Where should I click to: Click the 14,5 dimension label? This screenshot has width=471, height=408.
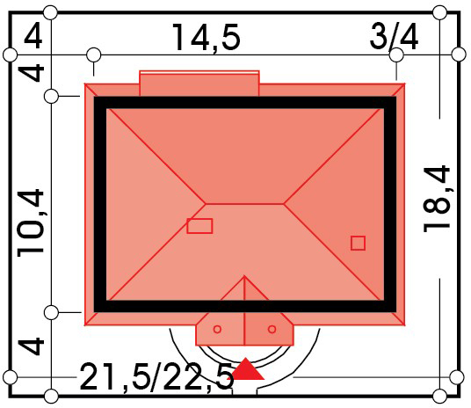pos(206,38)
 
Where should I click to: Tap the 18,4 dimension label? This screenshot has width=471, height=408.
pos(437,199)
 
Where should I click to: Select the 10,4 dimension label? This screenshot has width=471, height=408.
pos(31,223)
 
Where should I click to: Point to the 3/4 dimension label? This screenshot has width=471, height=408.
pos(394,37)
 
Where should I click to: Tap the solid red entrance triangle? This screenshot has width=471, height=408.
pos(246,368)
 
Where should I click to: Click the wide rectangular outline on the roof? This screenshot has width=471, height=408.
pos(199,226)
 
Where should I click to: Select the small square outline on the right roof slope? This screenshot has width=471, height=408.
pos(358,243)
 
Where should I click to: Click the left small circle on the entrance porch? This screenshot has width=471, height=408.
pos(217,329)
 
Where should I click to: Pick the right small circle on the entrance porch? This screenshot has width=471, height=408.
pos(272,329)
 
